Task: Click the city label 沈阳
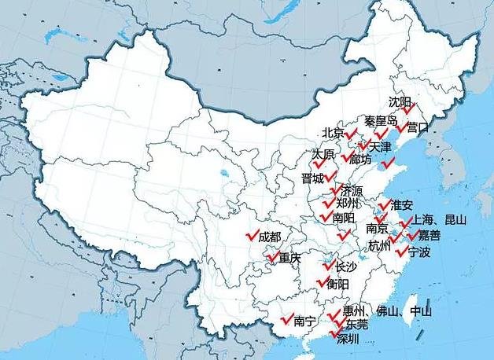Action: pos(400,102)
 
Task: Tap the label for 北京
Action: pos(333,132)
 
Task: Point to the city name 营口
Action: pos(418,127)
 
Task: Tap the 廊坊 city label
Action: pos(360,158)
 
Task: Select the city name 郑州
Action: pos(347,204)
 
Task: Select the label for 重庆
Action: pos(289,258)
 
